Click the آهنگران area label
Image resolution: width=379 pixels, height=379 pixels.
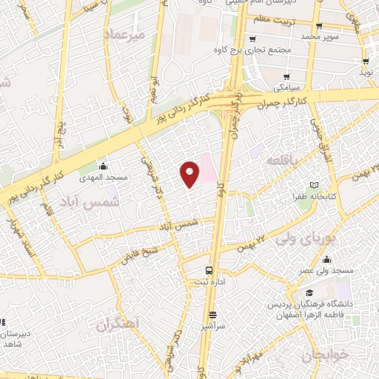click(x=118, y=323)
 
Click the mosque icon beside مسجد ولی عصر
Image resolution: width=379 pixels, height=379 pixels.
click(x=326, y=259)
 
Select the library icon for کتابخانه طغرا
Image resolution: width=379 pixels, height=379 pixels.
click(x=313, y=185)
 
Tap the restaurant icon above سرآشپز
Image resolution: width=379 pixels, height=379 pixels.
click(x=212, y=314)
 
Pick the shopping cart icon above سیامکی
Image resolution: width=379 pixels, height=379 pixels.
click(x=286, y=76)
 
